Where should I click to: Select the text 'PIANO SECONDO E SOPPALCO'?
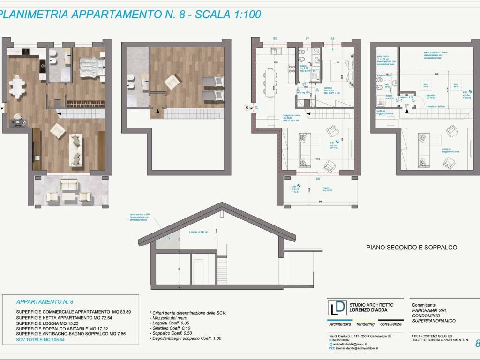pos(411,247)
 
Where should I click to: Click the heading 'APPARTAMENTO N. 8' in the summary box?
pos(45,302)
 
